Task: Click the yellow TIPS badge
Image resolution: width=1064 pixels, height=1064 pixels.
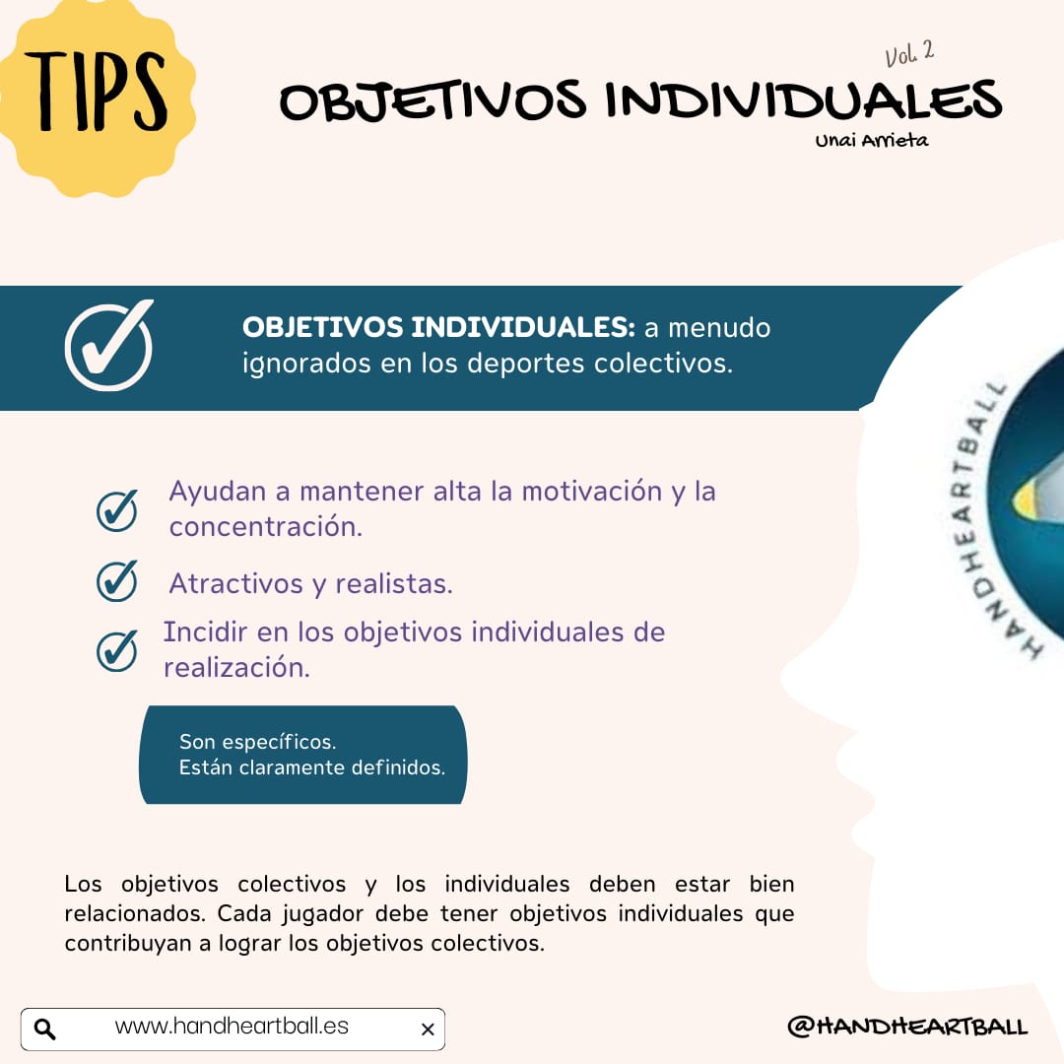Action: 95,95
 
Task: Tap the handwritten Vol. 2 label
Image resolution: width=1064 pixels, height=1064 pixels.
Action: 909,53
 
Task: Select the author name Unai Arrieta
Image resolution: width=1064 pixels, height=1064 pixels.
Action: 871,141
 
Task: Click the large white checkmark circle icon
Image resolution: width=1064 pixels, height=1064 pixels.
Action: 108,346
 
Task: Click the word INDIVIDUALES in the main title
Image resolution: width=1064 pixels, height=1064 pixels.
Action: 804,100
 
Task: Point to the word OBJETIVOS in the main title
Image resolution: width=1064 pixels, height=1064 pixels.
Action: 432,101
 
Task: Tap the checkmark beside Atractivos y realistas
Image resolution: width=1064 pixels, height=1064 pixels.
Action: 116,581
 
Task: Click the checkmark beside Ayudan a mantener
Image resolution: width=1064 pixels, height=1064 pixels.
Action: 116,510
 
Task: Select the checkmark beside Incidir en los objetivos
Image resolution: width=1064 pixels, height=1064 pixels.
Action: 116,651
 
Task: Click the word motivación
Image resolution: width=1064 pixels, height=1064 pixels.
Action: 592,492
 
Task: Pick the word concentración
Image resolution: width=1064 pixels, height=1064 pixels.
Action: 266,526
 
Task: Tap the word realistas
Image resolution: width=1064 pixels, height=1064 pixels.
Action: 394,583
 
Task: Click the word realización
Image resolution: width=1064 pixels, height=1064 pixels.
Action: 236,668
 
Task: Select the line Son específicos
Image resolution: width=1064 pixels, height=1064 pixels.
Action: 258,742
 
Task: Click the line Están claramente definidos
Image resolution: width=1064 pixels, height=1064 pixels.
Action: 312,767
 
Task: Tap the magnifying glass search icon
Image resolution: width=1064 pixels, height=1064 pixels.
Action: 44,1029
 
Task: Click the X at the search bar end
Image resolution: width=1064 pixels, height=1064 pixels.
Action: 428,1030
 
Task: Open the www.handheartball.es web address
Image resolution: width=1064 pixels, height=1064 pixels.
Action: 232,1026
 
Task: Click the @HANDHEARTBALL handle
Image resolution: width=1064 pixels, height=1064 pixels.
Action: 907,1026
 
